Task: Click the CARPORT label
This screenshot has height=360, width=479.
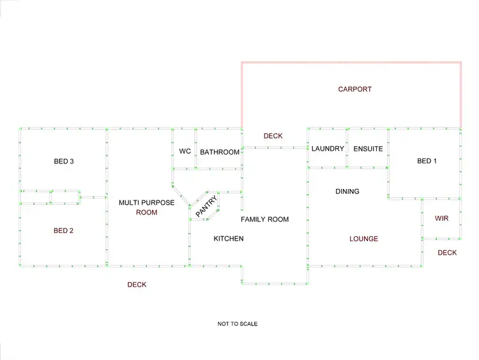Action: tap(354, 89)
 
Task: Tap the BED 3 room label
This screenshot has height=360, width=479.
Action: tap(64, 161)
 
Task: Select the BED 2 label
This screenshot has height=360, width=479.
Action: tap(63, 230)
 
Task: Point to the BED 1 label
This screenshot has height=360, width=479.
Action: tap(427, 161)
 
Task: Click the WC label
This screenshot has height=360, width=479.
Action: tap(185, 151)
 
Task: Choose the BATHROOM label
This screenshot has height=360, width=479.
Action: tap(220, 152)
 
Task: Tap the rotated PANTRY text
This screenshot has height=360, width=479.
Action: tap(207, 207)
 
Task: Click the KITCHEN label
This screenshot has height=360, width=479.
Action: tap(228, 239)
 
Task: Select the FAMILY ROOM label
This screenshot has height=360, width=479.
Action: tap(264, 220)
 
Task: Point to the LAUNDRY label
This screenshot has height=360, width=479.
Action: tap(328, 149)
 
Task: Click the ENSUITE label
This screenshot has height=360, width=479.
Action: tap(368, 149)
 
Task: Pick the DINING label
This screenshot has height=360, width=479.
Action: tap(347, 191)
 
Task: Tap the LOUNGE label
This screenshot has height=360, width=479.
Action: tap(363, 239)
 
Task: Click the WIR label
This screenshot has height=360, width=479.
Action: tap(441, 218)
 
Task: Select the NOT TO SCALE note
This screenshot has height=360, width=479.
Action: tap(238, 324)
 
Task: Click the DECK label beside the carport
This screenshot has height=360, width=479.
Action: tap(273, 136)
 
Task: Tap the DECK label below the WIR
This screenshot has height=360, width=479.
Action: tap(447, 253)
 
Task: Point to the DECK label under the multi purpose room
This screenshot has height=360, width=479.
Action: tap(137, 285)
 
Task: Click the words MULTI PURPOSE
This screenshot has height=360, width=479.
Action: tap(146, 203)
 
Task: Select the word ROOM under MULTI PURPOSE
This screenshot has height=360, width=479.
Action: tap(146, 213)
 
